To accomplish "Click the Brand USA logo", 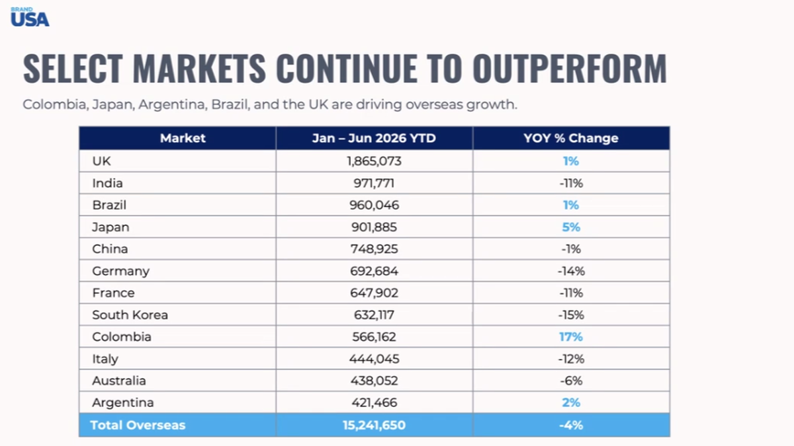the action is [30, 17].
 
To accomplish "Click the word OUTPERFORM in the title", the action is [570, 68].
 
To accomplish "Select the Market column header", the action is [183, 138].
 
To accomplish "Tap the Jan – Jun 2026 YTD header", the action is [374, 138].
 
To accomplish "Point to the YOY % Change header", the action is [570, 138].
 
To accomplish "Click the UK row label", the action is [101, 161].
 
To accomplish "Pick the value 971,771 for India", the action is [374, 183].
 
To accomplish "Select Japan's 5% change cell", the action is [571, 227].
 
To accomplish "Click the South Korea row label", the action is [130, 315].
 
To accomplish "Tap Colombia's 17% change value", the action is [570, 336].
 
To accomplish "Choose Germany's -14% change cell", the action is [571, 271].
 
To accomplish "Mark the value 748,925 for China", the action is [374, 249].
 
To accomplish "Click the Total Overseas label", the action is [138, 425].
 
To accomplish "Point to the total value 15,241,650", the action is [374, 425].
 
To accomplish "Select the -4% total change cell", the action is [571, 425].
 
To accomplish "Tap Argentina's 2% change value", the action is [571, 402].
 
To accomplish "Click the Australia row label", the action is [118, 381].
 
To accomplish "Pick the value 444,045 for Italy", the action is [374, 359].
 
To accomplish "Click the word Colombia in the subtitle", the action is [56, 104].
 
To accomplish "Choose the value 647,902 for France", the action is [374, 293].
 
